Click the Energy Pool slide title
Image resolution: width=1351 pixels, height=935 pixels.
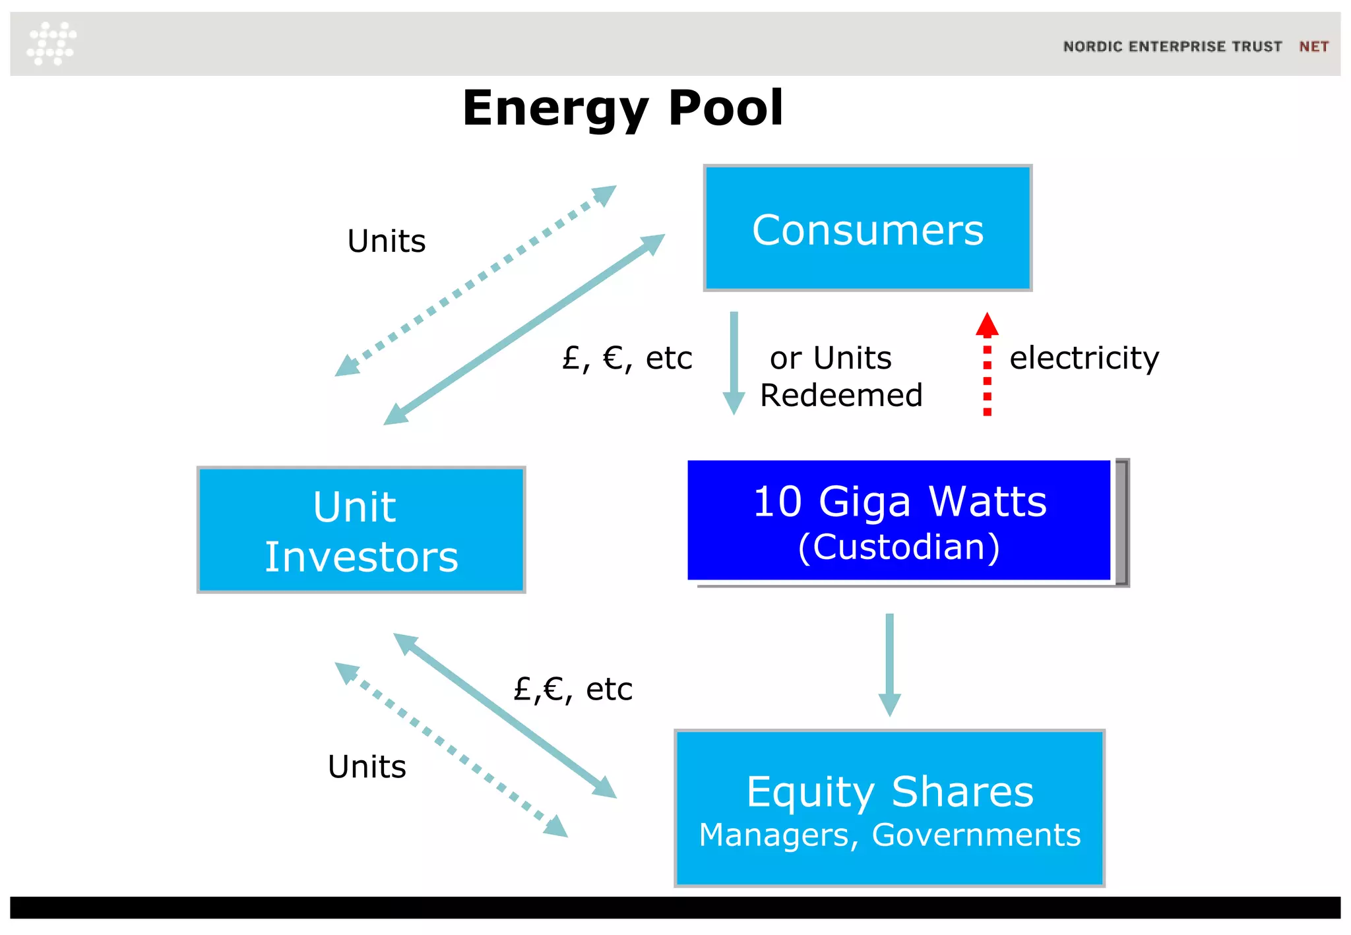[623, 108]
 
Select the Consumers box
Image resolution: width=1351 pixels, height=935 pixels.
[867, 228]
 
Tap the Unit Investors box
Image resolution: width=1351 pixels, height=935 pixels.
[361, 530]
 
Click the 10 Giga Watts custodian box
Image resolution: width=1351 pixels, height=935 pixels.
[898, 521]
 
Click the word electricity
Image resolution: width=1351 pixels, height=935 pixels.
[1084, 358]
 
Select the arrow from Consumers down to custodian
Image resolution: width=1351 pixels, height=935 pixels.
[734, 363]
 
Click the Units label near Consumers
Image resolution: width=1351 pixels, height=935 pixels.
[387, 241]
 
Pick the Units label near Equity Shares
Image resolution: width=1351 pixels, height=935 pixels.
[367, 767]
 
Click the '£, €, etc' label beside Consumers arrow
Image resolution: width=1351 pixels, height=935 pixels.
[627, 359]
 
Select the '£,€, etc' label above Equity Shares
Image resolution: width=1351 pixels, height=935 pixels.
[573, 690]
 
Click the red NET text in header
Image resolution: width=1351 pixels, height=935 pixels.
[1313, 47]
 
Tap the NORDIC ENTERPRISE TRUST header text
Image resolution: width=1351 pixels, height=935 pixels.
[1172, 47]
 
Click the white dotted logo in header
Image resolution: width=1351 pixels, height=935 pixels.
[51, 44]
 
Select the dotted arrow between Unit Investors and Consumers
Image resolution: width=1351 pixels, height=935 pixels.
[475, 282]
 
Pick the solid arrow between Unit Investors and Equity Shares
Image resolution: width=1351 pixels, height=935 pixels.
[505, 715]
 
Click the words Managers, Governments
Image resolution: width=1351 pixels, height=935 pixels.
[889, 835]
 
